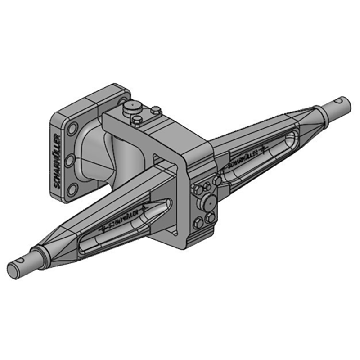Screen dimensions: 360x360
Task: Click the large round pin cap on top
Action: tap(131, 107)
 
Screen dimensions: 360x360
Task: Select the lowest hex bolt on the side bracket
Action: tap(198, 223)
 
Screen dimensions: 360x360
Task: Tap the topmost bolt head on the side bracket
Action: tap(217, 180)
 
